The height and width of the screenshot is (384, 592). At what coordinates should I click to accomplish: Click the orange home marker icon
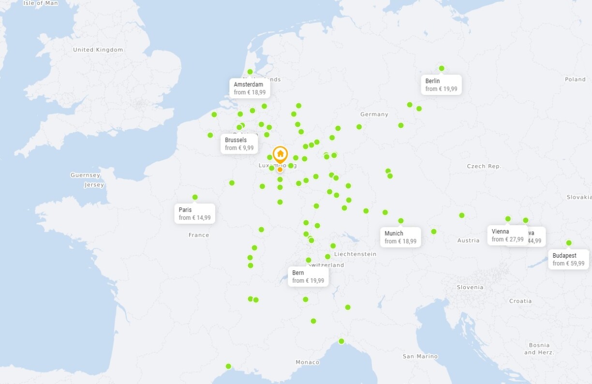coord(280,154)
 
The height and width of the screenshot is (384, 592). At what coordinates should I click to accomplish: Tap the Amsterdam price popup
coord(250,88)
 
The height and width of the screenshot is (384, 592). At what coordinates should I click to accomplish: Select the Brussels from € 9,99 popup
coord(239,144)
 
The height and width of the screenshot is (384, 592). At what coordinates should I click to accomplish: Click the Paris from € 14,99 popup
coord(194,214)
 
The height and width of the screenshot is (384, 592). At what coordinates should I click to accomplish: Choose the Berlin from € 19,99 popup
coord(441,85)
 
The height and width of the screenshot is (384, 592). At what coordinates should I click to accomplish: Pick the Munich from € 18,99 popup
coord(400,237)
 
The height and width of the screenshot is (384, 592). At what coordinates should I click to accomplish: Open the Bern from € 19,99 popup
coord(308,276)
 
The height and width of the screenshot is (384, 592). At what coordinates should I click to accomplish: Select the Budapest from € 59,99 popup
coord(568,260)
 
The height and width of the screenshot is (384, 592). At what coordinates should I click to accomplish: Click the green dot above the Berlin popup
coord(442,68)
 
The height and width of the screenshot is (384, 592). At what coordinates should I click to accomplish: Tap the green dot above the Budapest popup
coord(569,243)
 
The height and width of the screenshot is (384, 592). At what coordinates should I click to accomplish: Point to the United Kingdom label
coord(98,50)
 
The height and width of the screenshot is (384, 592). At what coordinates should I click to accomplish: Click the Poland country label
coord(575,79)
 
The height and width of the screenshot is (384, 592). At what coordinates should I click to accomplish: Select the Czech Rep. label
coord(484,166)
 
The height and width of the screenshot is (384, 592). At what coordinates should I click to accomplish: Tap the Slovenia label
coord(470,287)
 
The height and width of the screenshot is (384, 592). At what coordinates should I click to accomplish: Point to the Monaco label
coord(308,362)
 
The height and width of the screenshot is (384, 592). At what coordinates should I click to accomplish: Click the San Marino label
coord(420,356)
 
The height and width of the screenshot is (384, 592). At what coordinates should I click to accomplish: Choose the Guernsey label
coord(85,175)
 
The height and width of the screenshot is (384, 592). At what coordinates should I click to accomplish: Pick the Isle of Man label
coord(41,3)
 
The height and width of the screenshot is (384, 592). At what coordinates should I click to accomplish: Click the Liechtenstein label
coord(355,254)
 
